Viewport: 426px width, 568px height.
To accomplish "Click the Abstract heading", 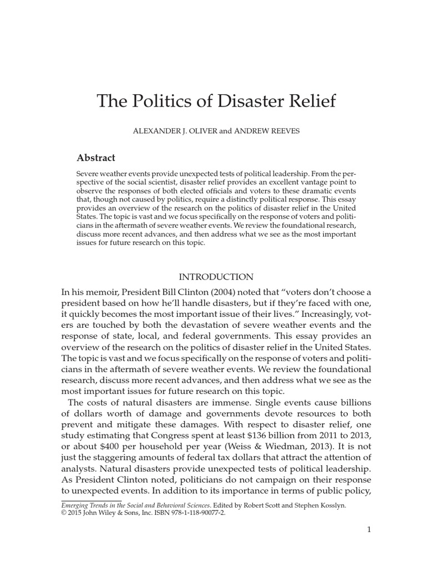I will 95,158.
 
